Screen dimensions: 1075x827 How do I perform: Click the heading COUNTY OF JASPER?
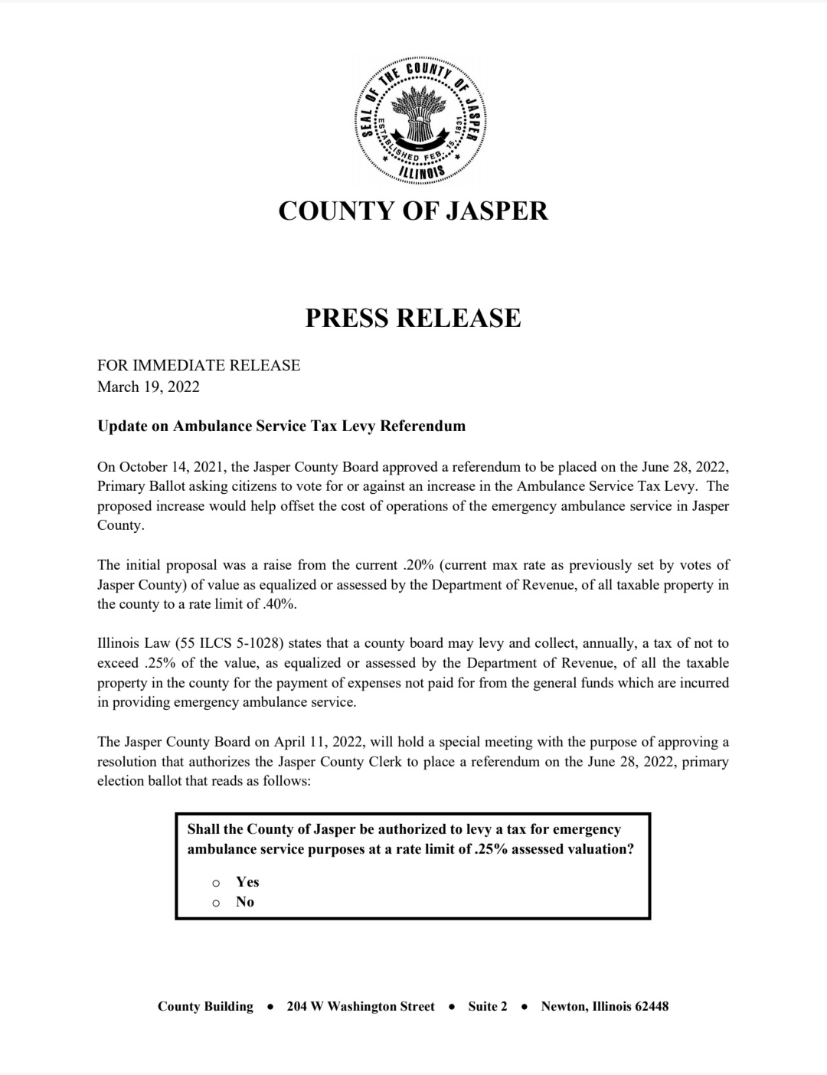(x=413, y=211)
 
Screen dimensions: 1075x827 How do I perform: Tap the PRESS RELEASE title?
(x=413, y=318)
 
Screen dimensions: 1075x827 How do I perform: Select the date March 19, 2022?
(x=148, y=387)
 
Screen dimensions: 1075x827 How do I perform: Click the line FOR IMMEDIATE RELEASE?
(x=198, y=365)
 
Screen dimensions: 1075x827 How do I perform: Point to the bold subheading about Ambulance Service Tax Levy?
(x=281, y=426)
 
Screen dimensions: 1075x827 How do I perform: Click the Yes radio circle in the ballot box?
(x=217, y=883)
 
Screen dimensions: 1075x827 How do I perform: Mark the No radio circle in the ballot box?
(x=217, y=903)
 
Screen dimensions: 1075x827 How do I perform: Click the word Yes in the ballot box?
(x=247, y=882)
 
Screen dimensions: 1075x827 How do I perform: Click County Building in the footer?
(x=205, y=1006)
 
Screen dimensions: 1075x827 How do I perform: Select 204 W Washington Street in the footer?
(x=361, y=1006)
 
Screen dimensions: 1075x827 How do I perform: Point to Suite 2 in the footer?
(x=488, y=1006)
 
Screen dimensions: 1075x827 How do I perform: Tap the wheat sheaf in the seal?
(x=420, y=115)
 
